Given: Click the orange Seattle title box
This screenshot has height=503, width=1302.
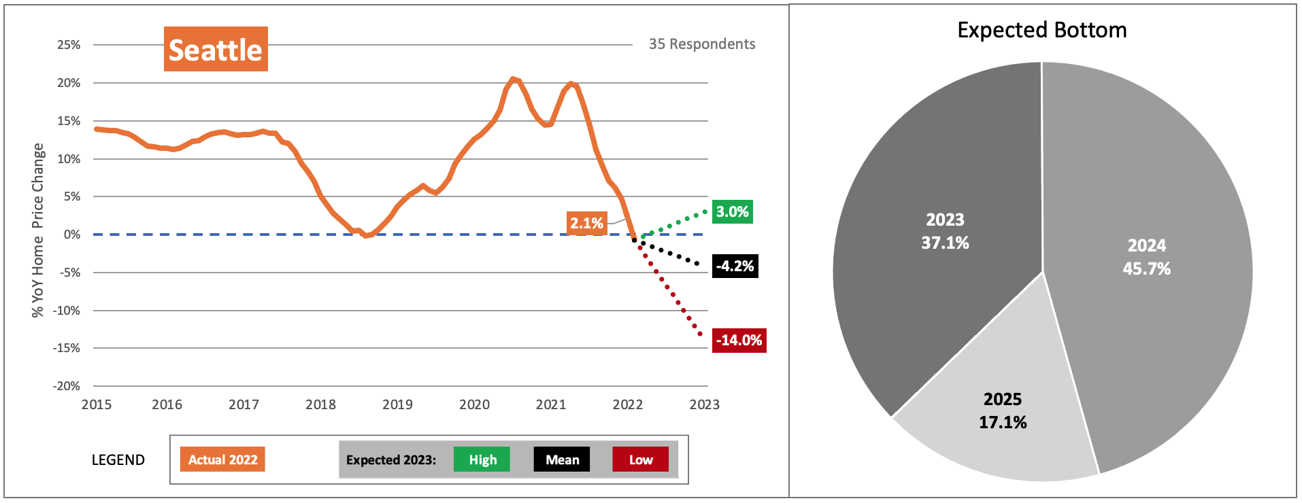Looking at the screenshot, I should tap(216, 49).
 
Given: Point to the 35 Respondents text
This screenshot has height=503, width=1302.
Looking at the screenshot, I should tap(701, 44).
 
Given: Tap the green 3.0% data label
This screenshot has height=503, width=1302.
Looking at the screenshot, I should tap(732, 212).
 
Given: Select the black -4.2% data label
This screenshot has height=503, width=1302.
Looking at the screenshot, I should tap(735, 266).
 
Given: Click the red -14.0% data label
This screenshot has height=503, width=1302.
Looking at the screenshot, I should tap(739, 341).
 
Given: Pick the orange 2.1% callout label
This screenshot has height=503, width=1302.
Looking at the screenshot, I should tap(586, 223).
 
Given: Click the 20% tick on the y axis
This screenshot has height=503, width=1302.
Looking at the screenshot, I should tap(69, 83).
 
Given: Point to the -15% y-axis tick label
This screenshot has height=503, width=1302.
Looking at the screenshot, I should tap(67, 348).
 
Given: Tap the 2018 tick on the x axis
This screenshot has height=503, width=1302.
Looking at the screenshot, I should tap(320, 404).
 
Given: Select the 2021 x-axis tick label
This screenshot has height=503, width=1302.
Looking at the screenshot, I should tap(550, 404).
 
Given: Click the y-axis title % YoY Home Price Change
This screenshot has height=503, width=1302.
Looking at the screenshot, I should tap(37, 230).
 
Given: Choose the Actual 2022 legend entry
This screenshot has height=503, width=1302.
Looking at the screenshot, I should tap(222, 459).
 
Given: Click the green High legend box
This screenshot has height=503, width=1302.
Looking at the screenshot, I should tap(482, 459).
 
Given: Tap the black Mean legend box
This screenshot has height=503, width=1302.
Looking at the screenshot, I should tap(562, 459).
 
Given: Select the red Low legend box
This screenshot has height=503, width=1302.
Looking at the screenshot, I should tap(640, 459).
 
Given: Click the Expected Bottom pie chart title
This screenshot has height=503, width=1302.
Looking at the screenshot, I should tap(1041, 30).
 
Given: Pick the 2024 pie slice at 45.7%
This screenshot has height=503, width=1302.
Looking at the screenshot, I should tap(1146, 257).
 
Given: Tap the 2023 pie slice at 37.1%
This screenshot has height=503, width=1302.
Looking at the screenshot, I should tap(945, 231).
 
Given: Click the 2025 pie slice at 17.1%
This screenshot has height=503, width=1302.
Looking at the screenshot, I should tap(1002, 411).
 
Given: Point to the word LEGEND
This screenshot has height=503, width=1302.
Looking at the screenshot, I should tap(118, 460).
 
